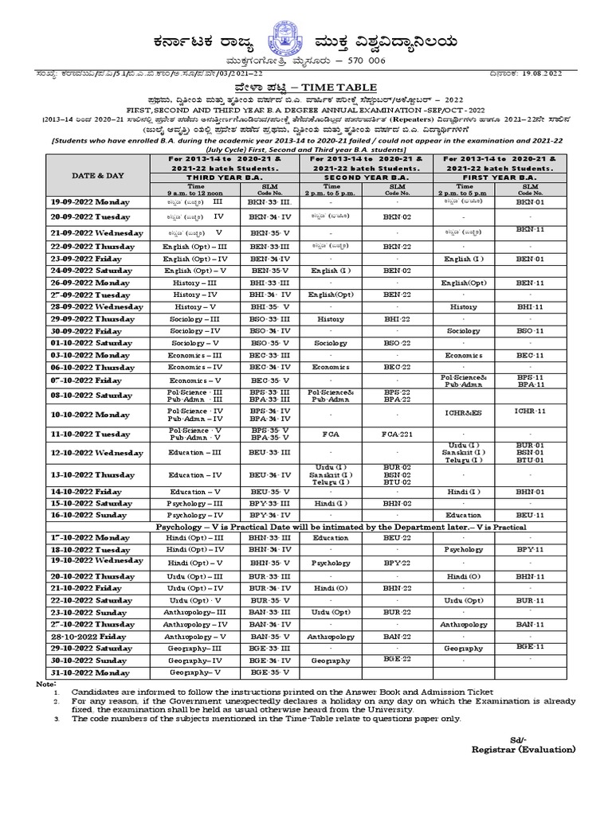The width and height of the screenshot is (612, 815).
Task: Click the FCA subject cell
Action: point(331,435)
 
